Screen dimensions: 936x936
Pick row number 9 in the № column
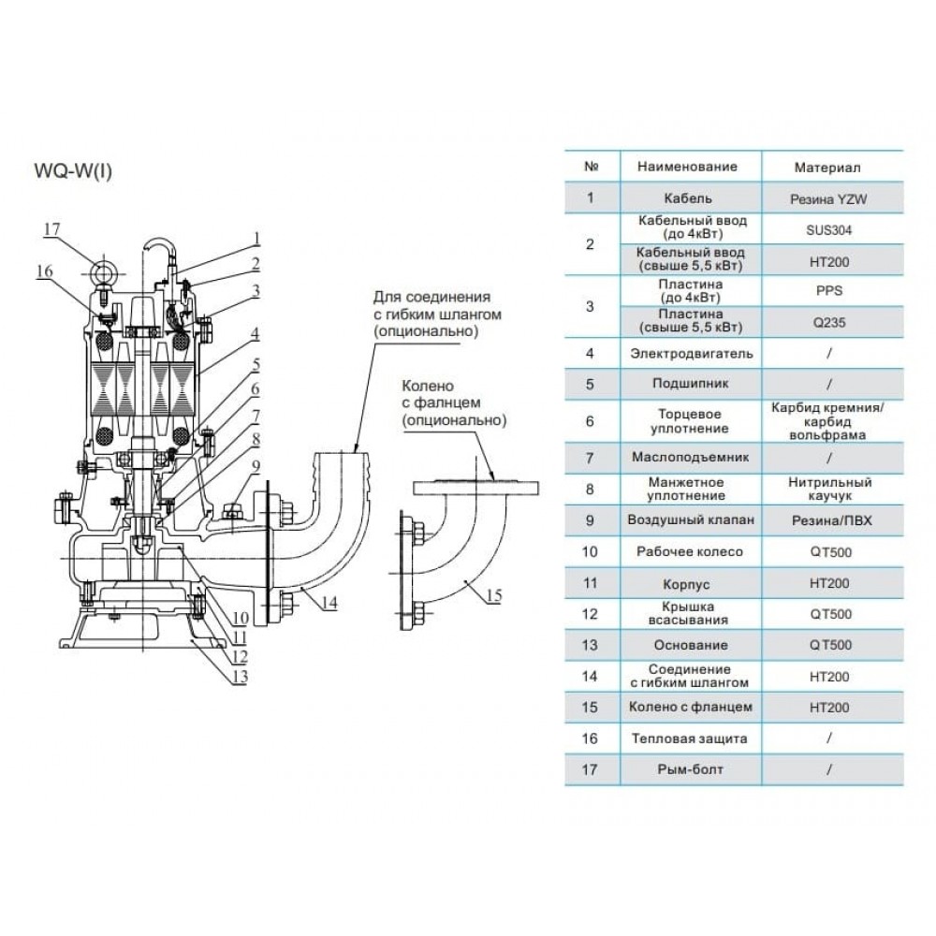[590, 519]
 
